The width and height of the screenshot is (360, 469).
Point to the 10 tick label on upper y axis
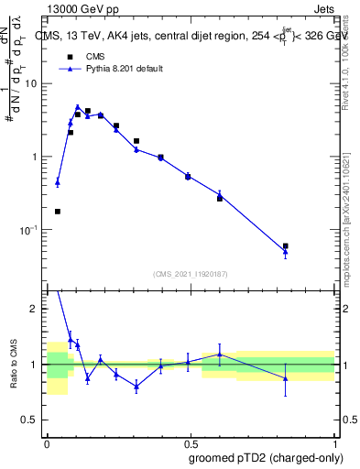pyautogui.click(x=32, y=83)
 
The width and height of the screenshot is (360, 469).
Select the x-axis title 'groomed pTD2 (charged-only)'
pyautogui.click(x=265, y=457)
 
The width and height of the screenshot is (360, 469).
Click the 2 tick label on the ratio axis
pyautogui.click(x=37, y=309)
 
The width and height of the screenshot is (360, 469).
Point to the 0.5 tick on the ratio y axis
pyautogui.click(x=32, y=420)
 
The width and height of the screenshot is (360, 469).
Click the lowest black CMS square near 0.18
pyautogui.click(x=58, y=212)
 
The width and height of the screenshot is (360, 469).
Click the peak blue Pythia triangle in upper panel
pyautogui.click(x=78, y=107)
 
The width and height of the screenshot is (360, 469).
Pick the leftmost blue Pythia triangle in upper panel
pyautogui.click(x=58, y=182)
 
